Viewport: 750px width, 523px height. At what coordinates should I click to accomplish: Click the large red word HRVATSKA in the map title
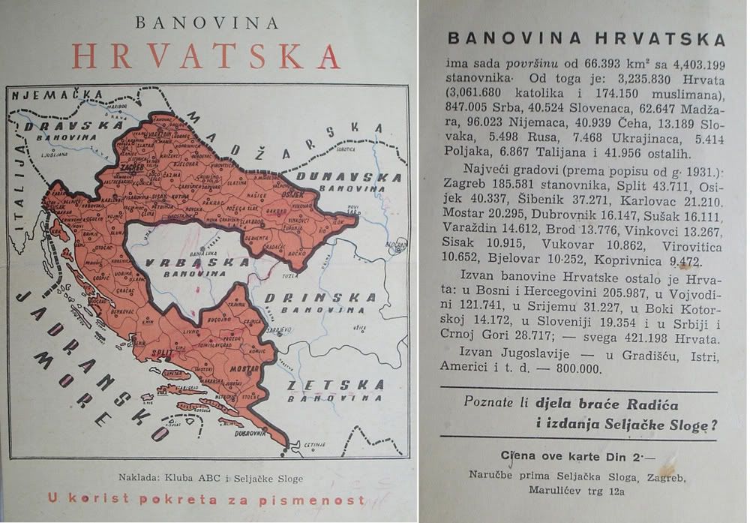pos(206,57)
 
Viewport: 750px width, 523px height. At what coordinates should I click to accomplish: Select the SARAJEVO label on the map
pos(283,328)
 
